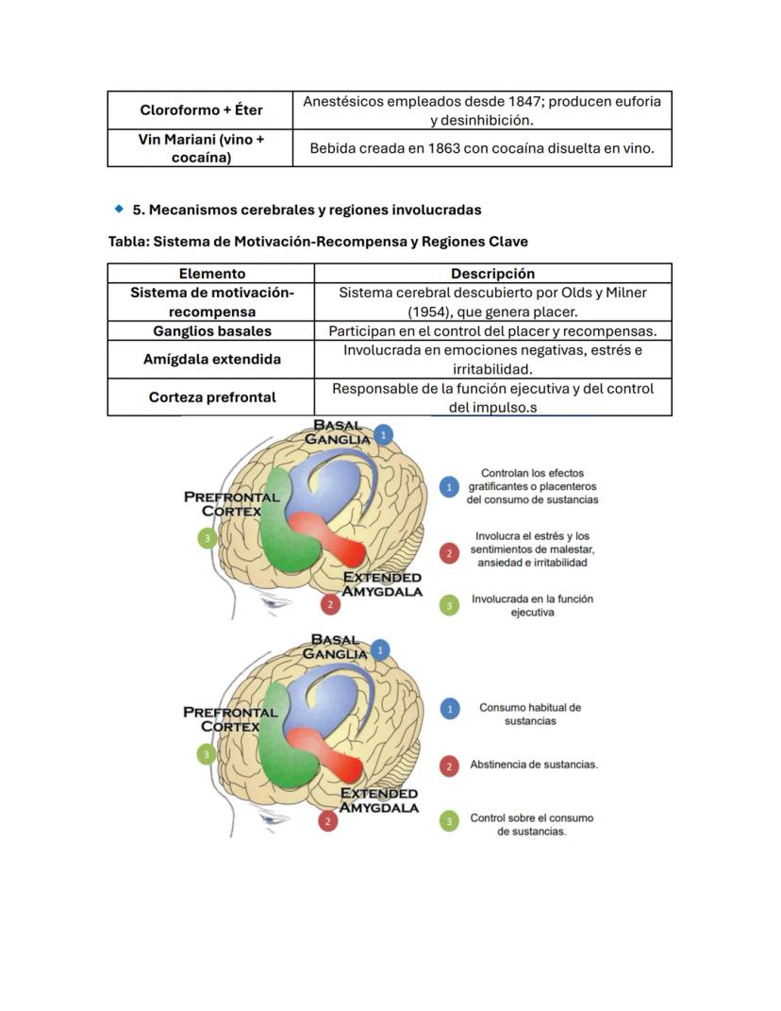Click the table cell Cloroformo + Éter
click(200, 110)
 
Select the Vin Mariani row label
click(200, 148)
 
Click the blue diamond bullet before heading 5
click(119, 209)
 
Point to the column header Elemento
click(211, 274)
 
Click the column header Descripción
click(492, 274)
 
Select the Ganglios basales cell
click(211, 331)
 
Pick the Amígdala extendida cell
click(211, 360)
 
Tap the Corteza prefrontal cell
click(211, 397)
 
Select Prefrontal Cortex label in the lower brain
click(230, 719)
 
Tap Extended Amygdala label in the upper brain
click(381, 584)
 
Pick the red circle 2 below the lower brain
click(328, 821)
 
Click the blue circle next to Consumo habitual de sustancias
click(450, 708)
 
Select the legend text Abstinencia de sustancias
click(534, 765)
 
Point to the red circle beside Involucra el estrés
click(450, 552)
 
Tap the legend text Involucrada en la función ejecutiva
click(532, 605)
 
